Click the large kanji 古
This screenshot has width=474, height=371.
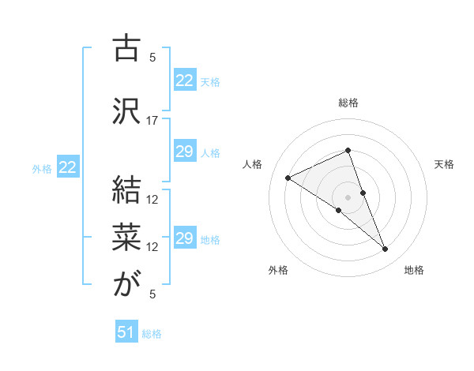point(126,49)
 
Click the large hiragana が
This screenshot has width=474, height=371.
point(126,285)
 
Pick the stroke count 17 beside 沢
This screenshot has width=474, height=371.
point(152,121)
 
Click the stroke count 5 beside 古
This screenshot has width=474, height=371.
point(152,58)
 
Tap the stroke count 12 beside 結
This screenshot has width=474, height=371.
point(152,199)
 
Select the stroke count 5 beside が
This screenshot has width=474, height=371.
point(152,294)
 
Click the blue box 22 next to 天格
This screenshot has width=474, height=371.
point(185,81)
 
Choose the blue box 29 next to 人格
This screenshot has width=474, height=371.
point(185,152)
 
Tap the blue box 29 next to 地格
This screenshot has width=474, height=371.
point(185,238)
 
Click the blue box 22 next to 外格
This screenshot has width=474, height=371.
point(68,167)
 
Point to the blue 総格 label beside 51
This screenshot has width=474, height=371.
point(152,334)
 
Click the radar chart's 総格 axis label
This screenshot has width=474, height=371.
point(348,103)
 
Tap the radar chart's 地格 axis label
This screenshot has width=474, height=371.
point(414,271)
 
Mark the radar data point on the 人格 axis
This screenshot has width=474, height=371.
point(288,178)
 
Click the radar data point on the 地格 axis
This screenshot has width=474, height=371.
point(386,249)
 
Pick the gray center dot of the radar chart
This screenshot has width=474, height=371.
point(348,197)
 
